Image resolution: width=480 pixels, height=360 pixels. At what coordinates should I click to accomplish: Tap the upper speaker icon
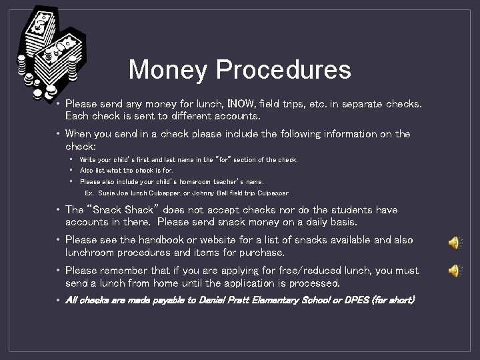(454, 243)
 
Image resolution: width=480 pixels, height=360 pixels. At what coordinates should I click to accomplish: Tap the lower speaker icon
(454, 271)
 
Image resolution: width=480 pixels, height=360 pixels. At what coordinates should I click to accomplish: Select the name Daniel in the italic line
(212, 301)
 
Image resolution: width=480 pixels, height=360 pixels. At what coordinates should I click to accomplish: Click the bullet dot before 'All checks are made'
(59, 301)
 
